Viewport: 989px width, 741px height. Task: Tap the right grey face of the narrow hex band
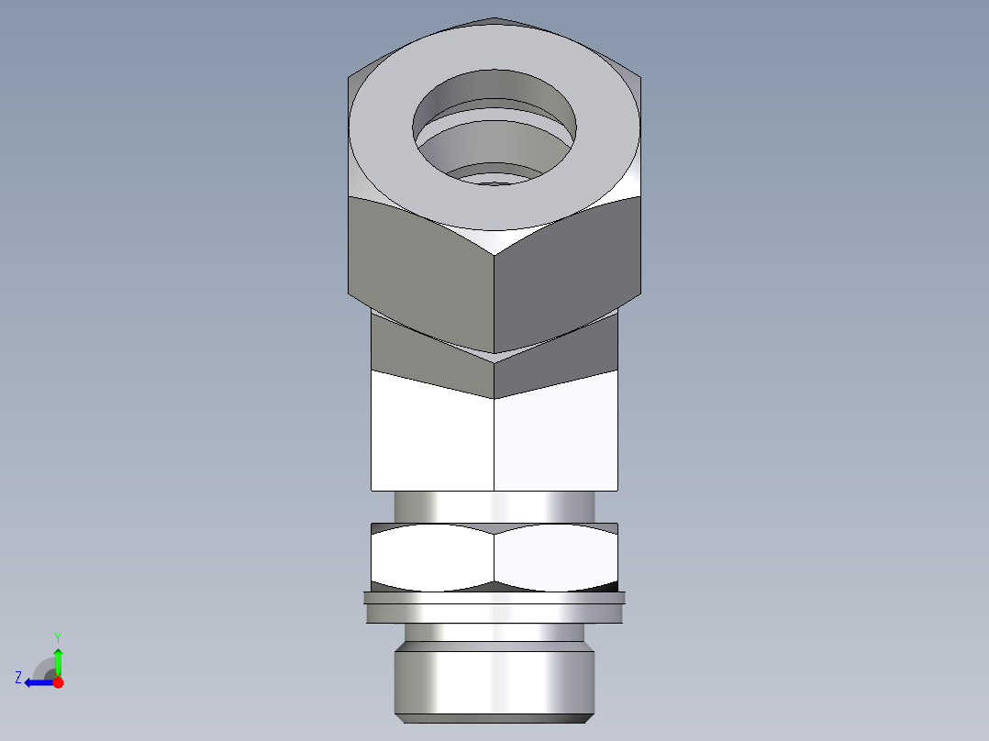click(560, 362)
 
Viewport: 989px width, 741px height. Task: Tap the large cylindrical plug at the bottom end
click(494, 683)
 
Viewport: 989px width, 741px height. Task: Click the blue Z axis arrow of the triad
click(37, 682)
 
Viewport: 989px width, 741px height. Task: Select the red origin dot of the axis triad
click(58, 682)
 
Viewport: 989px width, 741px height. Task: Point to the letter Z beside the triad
click(18, 678)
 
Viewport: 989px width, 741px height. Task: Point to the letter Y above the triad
click(57, 636)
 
